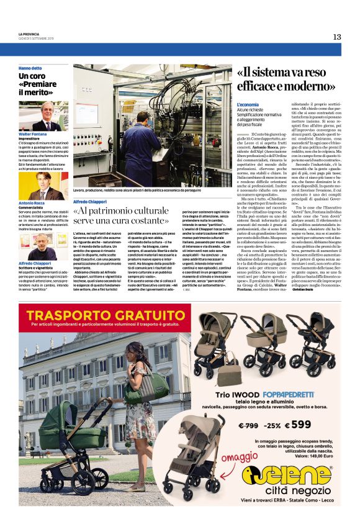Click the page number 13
(x=336, y=37)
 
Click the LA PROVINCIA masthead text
(x=30, y=34)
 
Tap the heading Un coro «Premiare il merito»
(x=38, y=83)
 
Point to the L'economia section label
(x=248, y=105)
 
